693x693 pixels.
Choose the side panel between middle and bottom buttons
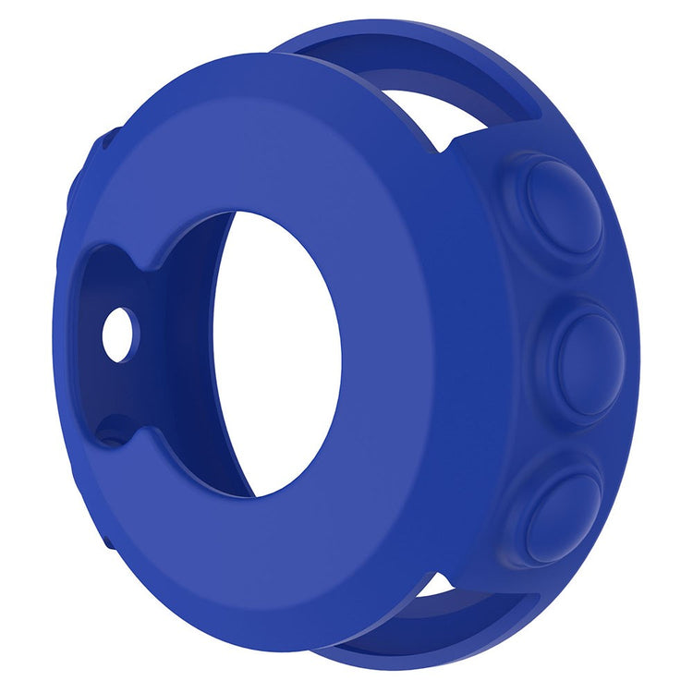545,434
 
